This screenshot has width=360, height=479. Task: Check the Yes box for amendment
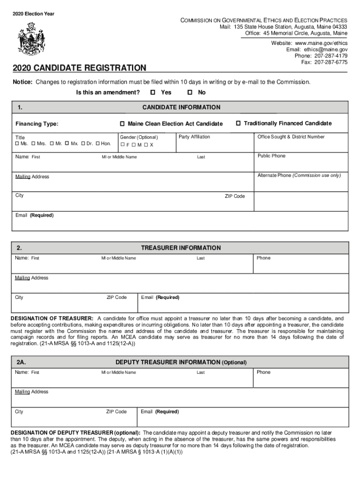(153, 93)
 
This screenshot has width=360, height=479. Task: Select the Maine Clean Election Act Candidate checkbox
(122, 124)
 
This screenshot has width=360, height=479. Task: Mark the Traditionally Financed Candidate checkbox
(238, 123)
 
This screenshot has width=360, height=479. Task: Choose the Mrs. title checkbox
(33, 144)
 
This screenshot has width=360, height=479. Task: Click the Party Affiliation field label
(194, 137)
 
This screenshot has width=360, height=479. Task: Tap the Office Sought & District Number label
(291, 137)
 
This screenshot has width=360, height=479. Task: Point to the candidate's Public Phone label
(271, 156)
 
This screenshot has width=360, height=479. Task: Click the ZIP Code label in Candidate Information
(235, 196)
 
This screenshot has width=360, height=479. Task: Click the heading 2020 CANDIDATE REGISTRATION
(79, 68)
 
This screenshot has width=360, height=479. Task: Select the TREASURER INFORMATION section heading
(180, 248)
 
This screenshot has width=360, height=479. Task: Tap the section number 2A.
(21, 363)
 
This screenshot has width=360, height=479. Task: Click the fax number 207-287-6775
(331, 62)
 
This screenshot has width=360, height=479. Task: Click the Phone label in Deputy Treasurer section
(263, 372)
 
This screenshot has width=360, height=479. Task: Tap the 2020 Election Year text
(33, 14)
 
